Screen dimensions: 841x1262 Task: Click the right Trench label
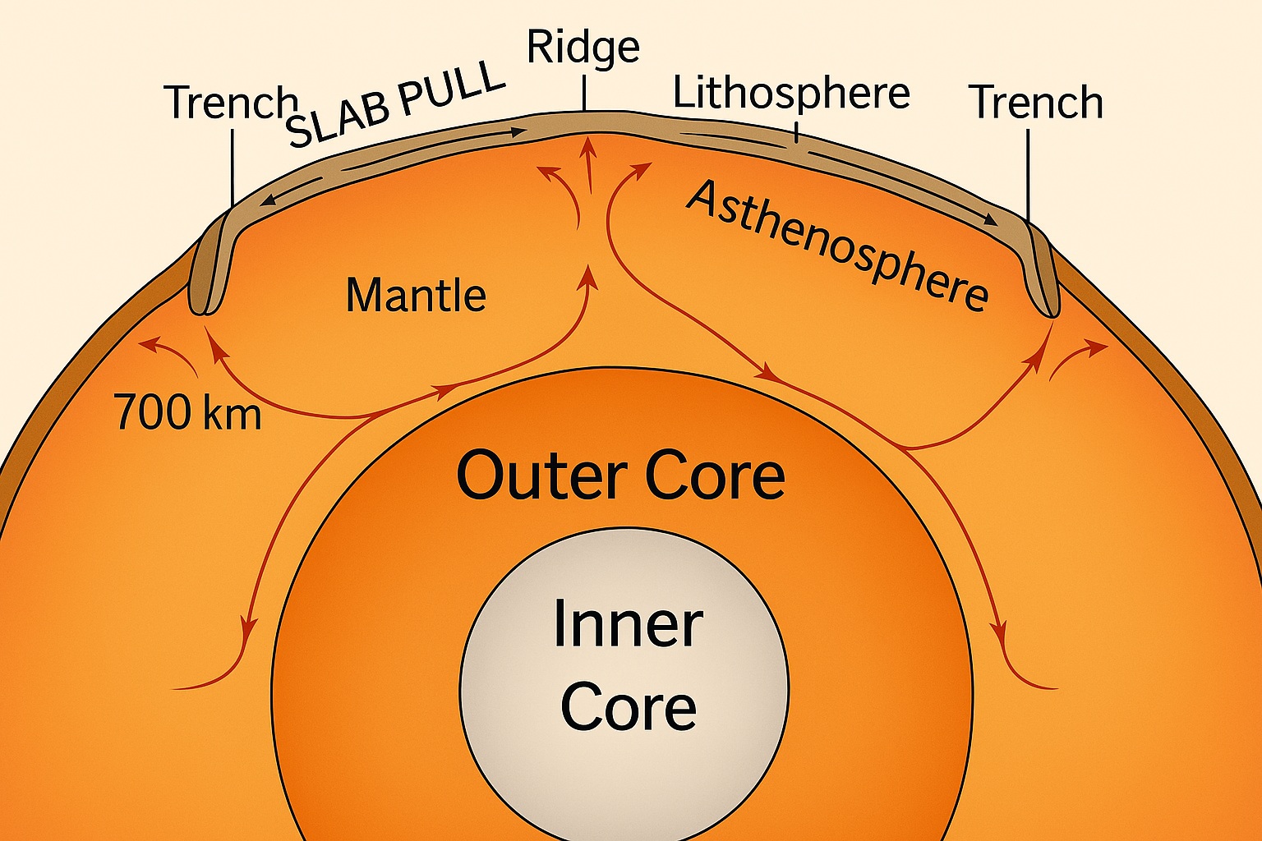tap(1036, 103)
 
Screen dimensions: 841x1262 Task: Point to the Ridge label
tap(583, 47)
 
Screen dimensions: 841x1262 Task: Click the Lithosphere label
tap(791, 93)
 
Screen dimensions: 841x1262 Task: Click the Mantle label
tap(416, 296)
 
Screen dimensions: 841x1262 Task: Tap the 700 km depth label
tap(188, 412)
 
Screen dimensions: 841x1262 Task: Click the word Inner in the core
tap(628, 624)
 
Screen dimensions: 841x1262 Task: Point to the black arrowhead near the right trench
tap(991, 221)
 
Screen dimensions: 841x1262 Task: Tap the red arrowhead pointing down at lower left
tap(246, 634)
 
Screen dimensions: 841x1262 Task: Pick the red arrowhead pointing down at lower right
tap(999, 633)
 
